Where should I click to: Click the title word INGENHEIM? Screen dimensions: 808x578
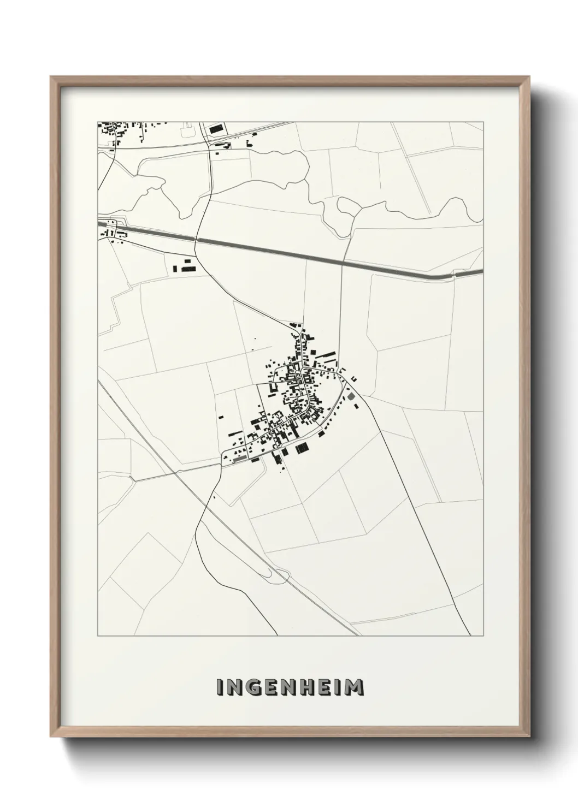[290, 687]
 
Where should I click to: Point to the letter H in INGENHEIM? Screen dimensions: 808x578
[307, 687]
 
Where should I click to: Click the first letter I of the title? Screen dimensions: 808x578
[219, 687]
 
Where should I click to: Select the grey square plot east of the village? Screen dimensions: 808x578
[351, 396]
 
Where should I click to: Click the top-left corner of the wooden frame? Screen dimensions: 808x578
[52, 78]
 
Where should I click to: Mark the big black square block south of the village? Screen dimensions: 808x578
[302, 449]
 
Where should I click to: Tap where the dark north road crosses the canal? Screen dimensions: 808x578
[198, 239]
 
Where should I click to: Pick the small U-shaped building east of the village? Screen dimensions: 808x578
[353, 378]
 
